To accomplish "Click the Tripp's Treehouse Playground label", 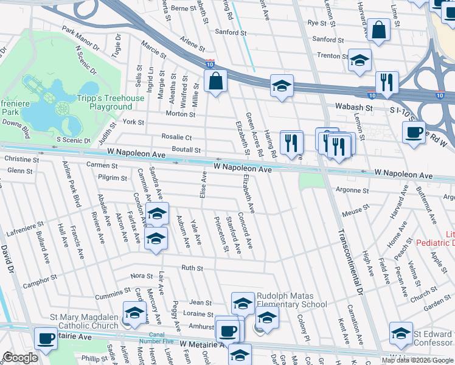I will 111,102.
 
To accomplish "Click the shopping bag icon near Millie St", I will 215,81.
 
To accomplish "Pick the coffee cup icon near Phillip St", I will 46,338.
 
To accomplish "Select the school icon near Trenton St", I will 359,60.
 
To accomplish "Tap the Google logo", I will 20,357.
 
